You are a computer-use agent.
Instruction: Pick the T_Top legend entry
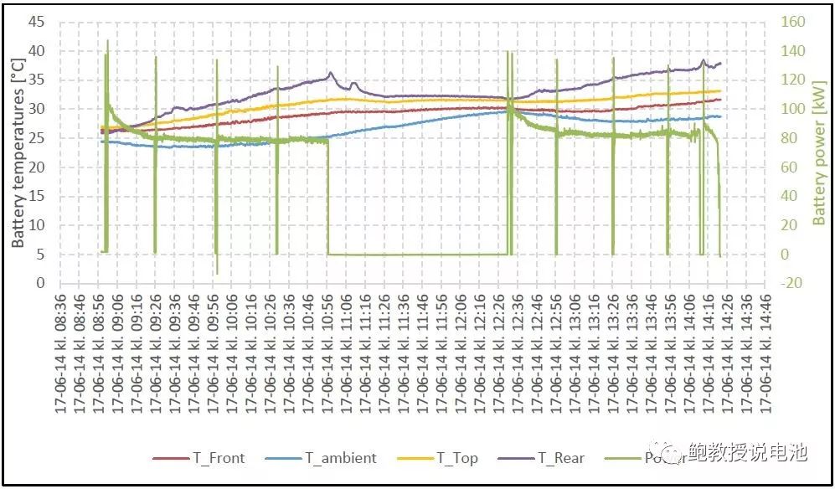point(456,458)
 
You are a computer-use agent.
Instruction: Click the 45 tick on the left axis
point(36,22)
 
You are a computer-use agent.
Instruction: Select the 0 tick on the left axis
point(40,283)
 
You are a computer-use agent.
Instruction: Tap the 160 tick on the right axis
point(793,22)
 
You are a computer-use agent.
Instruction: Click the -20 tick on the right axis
point(791,283)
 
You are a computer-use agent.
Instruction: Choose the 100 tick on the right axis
point(793,109)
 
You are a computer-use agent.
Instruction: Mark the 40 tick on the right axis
point(789,196)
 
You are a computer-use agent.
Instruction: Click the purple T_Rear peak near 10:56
point(330,73)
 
